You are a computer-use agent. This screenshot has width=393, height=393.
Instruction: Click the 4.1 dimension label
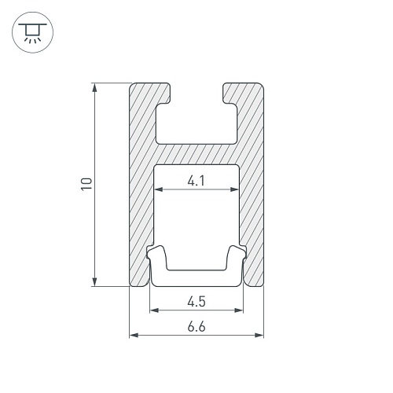[196, 181]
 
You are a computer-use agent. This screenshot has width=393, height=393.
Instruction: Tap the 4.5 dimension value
[196, 302]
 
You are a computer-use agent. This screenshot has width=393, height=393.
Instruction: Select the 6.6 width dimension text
[196, 327]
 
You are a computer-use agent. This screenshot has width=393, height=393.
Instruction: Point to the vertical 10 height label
[87, 184]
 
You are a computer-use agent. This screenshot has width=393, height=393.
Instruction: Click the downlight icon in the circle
[32, 32]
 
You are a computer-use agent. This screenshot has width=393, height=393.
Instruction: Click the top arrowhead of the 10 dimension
[95, 87]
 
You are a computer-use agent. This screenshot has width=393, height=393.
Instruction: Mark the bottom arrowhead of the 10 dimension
[95, 281]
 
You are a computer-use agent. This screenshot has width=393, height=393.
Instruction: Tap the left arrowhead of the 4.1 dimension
[159, 189]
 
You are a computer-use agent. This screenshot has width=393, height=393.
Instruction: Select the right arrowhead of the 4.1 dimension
[234, 189]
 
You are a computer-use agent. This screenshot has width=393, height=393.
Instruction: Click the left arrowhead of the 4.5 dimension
[154, 310]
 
